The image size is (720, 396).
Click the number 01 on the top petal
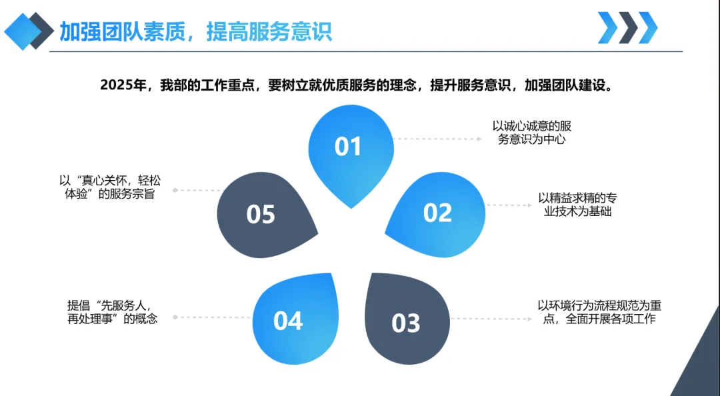(347, 146)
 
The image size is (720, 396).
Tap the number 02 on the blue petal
(437, 213)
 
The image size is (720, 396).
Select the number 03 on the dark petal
(406, 323)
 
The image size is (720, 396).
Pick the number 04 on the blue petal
(288, 321)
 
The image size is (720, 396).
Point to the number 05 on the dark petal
(261, 214)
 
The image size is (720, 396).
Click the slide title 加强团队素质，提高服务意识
(195, 31)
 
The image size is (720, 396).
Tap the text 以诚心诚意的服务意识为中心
(531, 133)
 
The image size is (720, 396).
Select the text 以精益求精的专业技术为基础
(577, 205)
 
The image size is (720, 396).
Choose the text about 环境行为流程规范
(599, 312)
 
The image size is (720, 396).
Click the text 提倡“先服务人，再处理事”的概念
(113, 311)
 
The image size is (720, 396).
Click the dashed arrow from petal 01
(437, 139)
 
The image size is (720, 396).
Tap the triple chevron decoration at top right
(627, 28)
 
